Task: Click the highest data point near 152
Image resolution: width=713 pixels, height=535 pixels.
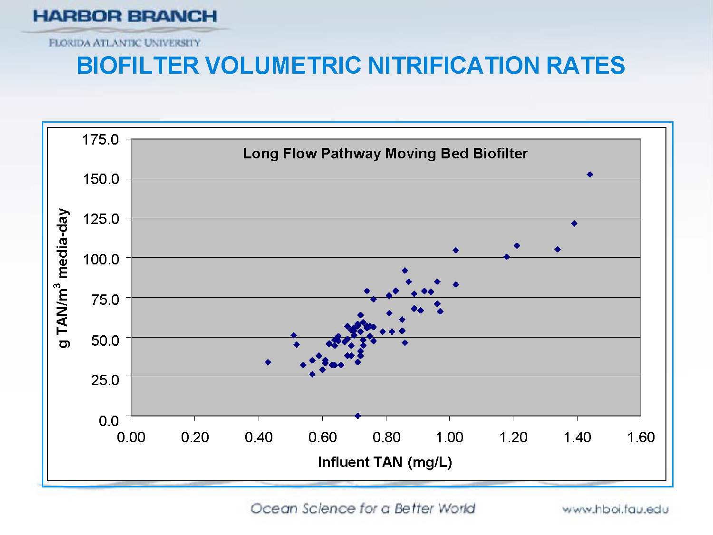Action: pos(590,175)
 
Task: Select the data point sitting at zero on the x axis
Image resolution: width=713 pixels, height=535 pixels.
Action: pos(357,416)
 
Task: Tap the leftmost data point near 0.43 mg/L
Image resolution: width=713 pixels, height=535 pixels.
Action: pos(268,362)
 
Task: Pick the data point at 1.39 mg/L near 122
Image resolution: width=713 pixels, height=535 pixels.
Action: pos(574,224)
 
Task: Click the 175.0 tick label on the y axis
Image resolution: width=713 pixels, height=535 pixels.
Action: pos(100,140)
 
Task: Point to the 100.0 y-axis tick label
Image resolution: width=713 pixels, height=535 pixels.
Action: pos(100,259)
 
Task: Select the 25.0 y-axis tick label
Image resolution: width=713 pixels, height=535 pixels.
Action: pos(105,379)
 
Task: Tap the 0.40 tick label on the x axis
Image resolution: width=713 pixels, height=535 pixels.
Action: pos(259,437)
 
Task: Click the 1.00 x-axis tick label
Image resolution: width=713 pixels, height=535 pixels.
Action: pos(450,437)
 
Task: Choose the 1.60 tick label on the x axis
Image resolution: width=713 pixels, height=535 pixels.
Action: pos(641,437)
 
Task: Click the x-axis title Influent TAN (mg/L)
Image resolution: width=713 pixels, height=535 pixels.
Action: pos(385,462)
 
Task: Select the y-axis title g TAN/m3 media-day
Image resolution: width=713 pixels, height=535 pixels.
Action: pos(62,278)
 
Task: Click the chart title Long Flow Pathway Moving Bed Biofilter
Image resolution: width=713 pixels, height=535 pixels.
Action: pos(385,154)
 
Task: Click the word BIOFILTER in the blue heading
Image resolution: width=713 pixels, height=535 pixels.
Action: pos(138,66)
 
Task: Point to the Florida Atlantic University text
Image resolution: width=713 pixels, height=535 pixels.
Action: pos(125,43)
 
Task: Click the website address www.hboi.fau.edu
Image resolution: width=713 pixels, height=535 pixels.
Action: pos(615,509)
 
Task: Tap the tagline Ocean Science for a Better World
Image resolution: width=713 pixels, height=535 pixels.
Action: pos(363,508)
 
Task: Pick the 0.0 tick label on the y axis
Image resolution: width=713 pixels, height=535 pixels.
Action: pos(108,420)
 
